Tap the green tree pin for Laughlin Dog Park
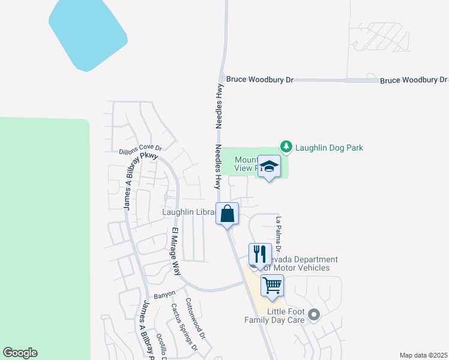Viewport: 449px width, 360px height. (x=286, y=146)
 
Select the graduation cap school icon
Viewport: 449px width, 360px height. (x=269, y=167)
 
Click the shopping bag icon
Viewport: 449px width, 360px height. (x=228, y=214)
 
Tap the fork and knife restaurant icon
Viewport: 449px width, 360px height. (x=260, y=254)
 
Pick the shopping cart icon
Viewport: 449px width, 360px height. (x=272, y=286)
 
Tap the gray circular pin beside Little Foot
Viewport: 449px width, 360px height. (x=313, y=314)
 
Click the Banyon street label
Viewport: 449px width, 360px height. (x=164, y=295)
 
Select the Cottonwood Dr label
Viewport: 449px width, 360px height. (x=195, y=318)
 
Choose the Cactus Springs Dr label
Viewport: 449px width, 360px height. (x=184, y=327)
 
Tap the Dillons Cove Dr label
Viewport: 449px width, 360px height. (x=140, y=149)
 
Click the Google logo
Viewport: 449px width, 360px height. (x=20, y=353)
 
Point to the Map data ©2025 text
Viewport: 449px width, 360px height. (x=424, y=355)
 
